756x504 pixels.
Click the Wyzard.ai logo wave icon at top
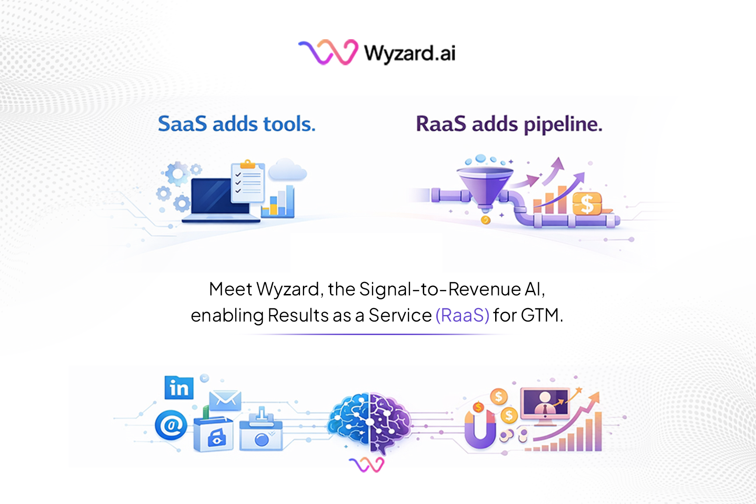(x=328, y=52)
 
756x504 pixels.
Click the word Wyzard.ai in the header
(x=410, y=53)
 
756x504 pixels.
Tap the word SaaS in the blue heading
(x=182, y=124)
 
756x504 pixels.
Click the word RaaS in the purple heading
(x=441, y=124)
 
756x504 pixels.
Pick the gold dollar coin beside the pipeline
(x=587, y=204)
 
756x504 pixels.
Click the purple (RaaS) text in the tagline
(x=462, y=315)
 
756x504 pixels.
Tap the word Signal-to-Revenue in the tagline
(x=440, y=289)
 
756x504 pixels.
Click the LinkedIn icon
(x=179, y=387)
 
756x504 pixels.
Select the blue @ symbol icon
(x=171, y=425)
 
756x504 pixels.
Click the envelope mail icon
(x=225, y=400)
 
